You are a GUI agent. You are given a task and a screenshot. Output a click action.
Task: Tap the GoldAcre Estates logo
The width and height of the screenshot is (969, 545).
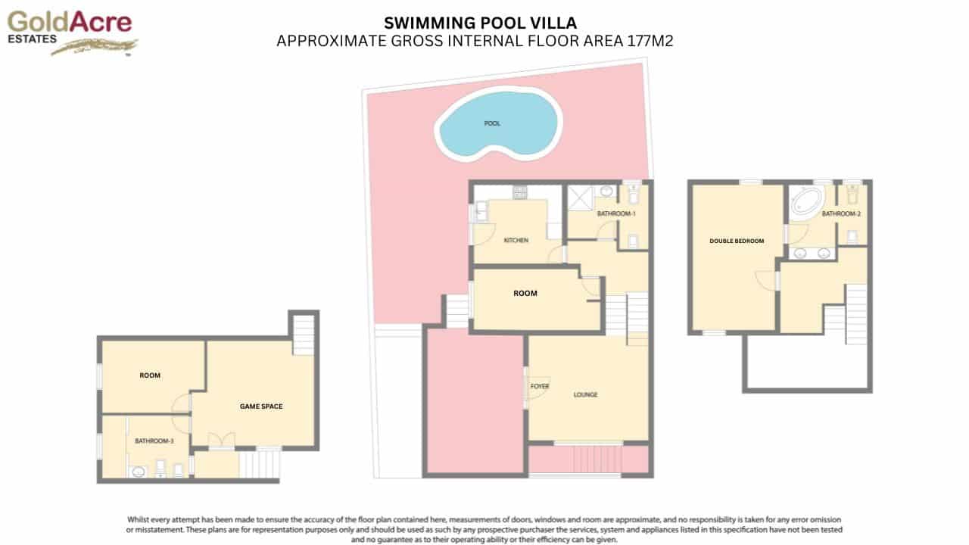pyautogui.click(x=70, y=31)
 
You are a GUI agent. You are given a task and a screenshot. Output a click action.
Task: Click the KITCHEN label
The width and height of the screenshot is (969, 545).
pyautogui.click(x=516, y=241)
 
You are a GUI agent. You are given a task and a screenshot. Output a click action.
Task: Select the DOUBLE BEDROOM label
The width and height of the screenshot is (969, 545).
pyautogui.click(x=736, y=241)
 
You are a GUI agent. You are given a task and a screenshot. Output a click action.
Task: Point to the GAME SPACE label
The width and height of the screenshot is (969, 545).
pyautogui.click(x=260, y=406)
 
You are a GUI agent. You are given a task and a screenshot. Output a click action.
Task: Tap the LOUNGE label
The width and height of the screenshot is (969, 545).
pyautogui.click(x=586, y=395)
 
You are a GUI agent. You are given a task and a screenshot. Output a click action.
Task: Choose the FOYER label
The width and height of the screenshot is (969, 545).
pyautogui.click(x=539, y=387)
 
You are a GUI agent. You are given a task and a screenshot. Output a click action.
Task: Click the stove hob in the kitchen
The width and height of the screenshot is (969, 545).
pyautogui.click(x=519, y=193)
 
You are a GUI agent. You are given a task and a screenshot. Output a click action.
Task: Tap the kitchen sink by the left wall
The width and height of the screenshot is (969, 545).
pyautogui.click(x=480, y=213)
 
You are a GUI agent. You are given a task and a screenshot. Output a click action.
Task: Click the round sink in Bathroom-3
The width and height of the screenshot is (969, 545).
pyautogui.click(x=139, y=472)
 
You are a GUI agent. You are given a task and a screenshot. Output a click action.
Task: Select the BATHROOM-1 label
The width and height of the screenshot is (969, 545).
pyautogui.click(x=616, y=214)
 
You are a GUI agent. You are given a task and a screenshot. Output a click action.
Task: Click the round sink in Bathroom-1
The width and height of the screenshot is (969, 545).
pyautogui.click(x=607, y=191)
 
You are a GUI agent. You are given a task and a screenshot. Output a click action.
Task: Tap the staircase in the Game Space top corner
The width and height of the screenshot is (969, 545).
pyautogui.click(x=303, y=335)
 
